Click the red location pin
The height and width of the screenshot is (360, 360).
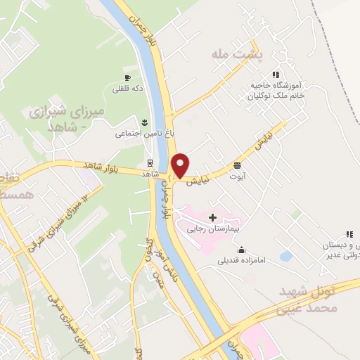point(181,165)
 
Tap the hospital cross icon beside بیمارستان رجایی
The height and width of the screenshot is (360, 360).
point(212,218)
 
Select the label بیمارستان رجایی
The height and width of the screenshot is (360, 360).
point(213,229)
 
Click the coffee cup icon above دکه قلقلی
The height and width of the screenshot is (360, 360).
point(127,78)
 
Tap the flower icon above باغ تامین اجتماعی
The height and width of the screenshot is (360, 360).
point(145,122)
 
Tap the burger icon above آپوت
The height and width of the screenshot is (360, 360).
point(238,166)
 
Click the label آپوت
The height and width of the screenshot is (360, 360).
point(238,176)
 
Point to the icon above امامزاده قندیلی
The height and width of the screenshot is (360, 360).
point(242,250)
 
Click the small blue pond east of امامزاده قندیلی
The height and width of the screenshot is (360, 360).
point(285,256)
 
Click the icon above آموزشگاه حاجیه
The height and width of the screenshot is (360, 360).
point(277,75)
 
